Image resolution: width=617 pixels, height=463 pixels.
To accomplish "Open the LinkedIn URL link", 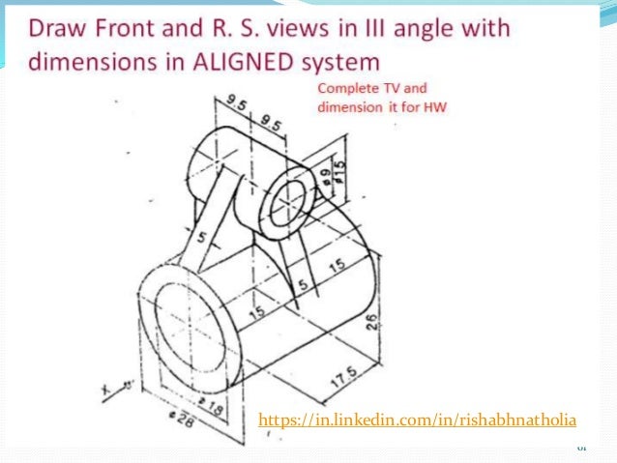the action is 417,420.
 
